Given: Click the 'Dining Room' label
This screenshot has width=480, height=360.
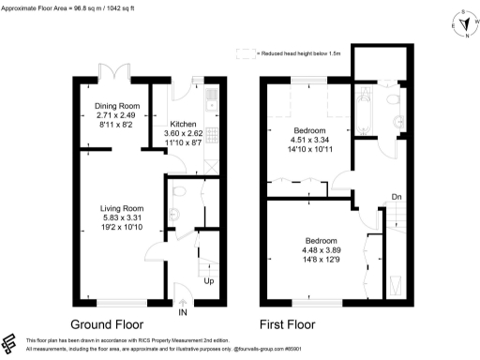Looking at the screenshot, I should (117, 106).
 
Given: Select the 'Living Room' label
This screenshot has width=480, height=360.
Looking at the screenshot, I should (122, 208).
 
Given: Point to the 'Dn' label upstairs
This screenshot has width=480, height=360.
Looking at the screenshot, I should (397, 198).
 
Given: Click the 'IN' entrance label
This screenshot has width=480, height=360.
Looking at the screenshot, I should (184, 311).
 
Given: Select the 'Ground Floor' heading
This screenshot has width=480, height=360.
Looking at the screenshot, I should (112, 325).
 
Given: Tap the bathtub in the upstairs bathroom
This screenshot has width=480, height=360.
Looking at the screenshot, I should (365, 112).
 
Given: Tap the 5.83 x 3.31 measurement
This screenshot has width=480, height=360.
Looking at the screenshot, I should (122, 218).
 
